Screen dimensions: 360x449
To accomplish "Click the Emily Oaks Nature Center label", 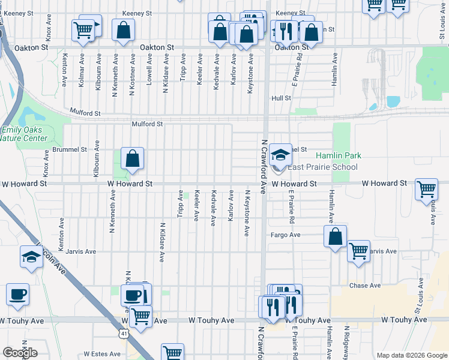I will coord(24,134).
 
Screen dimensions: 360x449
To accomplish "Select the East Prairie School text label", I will coord(322,167).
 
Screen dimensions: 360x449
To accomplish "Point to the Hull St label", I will coord(280,98).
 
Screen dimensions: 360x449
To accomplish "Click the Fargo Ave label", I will coord(285,235).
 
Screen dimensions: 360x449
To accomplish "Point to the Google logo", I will coord(20,353).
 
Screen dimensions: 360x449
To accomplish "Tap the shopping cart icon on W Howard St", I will coord(426,189).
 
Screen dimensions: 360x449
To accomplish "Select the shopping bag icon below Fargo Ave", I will coord(336,236).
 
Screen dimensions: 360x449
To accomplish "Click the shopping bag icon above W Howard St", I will coord(133,159).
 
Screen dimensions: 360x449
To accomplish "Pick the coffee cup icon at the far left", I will coord(17,295).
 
